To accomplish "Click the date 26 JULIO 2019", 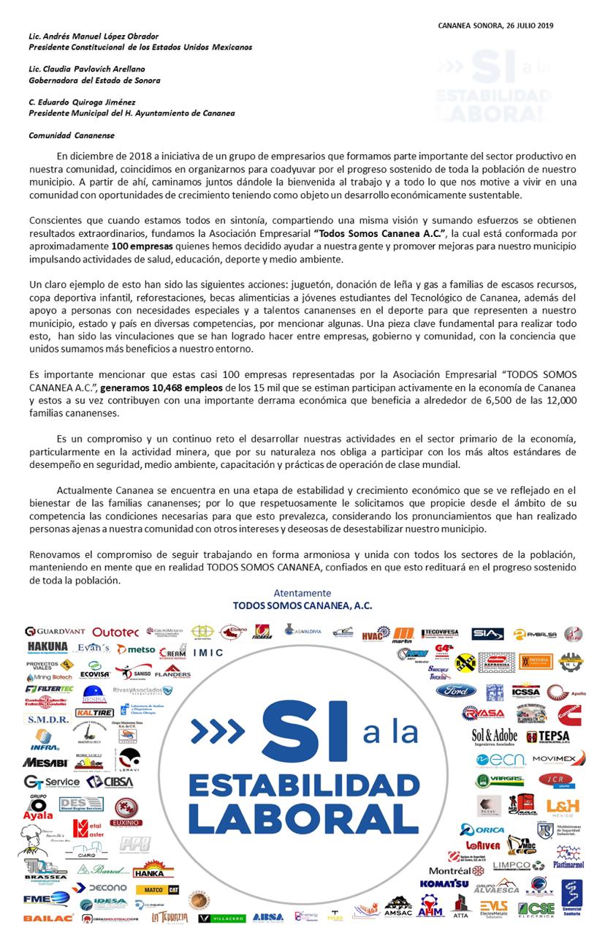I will click(523, 25).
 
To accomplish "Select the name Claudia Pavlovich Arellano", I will click(99, 69).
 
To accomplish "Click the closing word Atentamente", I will click(302, 593).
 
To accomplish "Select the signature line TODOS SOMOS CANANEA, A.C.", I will click(302, 605).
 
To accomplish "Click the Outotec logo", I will click(115, 632).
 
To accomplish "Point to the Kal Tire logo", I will click(94, 712).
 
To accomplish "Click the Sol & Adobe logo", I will click(494, 736).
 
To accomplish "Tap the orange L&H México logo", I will click(562, 805).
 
